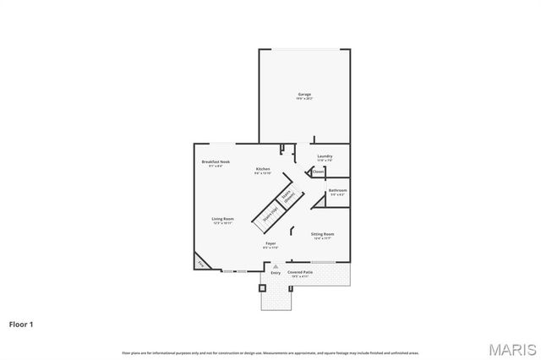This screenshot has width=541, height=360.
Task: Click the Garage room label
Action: click(x=304, y=94)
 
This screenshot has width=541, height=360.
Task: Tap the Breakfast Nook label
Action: click(x=216, y=161)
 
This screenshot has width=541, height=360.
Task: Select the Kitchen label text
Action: click(x=263, y=169)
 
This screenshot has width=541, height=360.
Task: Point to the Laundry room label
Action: click(x=325, y=155)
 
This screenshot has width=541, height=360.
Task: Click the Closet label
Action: click(x=318, y=172)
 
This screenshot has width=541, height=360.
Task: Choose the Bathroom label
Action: click(x=337, y=191)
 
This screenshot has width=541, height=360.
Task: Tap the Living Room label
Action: click(x=222, y=219)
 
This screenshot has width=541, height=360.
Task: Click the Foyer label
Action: click(x=270, y=243)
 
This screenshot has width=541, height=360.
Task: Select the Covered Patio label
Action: click(x=300, y=272)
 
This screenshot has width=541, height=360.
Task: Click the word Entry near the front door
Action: click(x=276, y=273)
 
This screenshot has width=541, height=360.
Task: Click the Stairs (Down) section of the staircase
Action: click(x=289, y=197)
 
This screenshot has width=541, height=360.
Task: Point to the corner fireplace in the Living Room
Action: click(x=201, y=262)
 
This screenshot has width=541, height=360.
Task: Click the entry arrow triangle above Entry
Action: click(x=276, y=266)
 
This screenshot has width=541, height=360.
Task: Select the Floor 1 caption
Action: click(x=22, y=324)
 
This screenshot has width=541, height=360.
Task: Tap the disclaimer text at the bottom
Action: click(x=270, y=352)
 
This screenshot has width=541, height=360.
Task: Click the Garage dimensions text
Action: click(x=304, y=99)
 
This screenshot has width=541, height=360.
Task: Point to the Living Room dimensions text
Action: click(x=222, y=223)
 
